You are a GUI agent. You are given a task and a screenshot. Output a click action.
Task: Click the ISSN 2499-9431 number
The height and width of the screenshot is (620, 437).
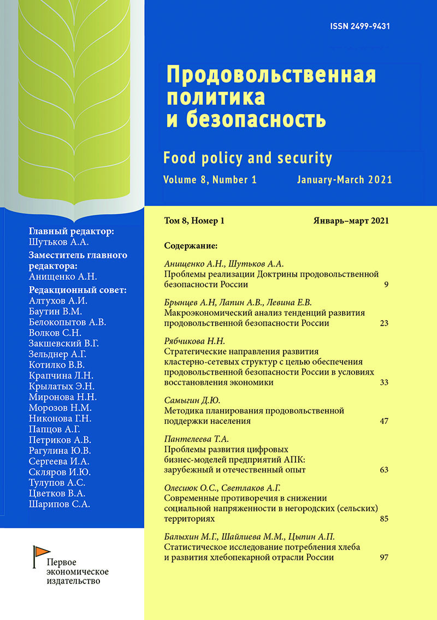[x=364, y=27]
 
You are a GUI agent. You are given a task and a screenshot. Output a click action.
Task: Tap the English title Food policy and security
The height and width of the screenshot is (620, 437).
[x=247, y=158]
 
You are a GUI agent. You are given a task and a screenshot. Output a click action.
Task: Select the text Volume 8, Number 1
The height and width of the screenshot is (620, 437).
[x=209, y=180]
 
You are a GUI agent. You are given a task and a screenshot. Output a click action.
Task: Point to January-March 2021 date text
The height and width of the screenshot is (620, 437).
[x=344, y=180]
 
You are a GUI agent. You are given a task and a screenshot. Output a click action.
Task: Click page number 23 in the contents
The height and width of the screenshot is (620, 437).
[x=383, y=323]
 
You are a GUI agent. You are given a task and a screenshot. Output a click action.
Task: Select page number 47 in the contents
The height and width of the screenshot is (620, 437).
[x=383, y=421]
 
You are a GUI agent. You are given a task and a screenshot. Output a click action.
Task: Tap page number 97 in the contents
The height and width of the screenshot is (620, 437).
[x=383, y=558]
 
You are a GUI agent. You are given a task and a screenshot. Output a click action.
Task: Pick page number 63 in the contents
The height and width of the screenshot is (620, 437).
[x=383, y=470]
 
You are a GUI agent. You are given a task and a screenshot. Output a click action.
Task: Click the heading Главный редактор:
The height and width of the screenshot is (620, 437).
[x=71, y=232]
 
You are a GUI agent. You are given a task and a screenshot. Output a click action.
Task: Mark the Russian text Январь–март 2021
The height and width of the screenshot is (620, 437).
[x=351, y=221]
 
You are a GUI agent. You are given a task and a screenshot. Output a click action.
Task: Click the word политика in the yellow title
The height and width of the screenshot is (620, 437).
[x=215, y=97]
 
